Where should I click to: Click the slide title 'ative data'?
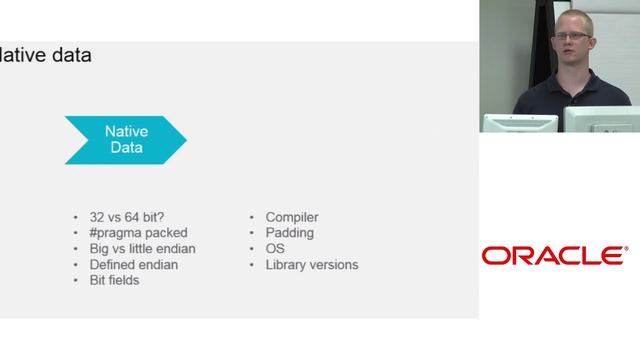(x=46, y=56)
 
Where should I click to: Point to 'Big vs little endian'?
(x=142, y=249)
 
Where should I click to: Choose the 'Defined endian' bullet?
(x=134, y=265)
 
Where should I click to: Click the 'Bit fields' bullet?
(x=114, y=281)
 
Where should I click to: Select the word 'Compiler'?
(x=292, y=217)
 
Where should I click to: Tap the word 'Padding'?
(x=289, y=233)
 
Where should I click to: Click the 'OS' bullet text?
(x=275, y=249)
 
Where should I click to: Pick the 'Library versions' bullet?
(x=312, y=265)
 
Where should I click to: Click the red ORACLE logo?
(x=555, y=256)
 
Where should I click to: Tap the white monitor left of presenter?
(x=520, y=123)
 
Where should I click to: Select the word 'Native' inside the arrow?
(x=126, y=131)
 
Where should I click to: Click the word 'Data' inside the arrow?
(x=126, y=148)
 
